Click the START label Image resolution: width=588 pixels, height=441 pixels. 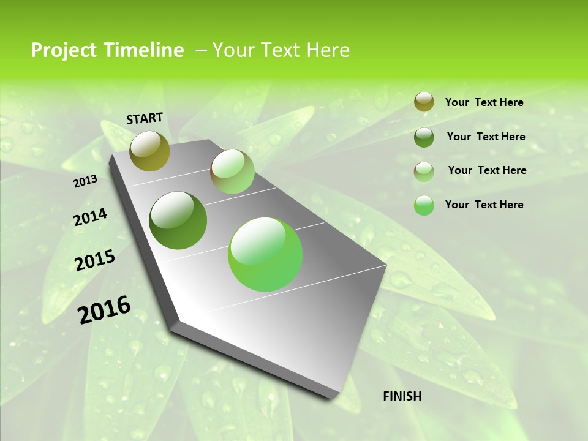(x=145, y=118)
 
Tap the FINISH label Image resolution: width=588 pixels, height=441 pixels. (x=402, y=396)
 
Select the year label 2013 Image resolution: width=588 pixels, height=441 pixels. (x=86, y=181)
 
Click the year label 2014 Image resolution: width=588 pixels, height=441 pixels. (x=91, y=217)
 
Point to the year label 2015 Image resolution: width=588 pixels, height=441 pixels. (x=95, y=260)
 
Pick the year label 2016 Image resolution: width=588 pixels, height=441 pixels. (x=104, y=310)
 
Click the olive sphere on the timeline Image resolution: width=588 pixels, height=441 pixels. (x=150, y=151)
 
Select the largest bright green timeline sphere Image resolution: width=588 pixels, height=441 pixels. (x=265, y=254)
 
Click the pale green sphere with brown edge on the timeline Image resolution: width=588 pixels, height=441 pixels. (x=232, y=171)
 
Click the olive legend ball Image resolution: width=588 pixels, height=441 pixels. (x=424, y=102)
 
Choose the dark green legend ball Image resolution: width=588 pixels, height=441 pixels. (x=424, y=137)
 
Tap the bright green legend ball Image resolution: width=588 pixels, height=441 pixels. (x=424, y=205)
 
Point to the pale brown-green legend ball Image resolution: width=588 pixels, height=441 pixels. (x=424, y=171)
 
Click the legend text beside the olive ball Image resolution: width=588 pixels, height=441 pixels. (x=484, y=103)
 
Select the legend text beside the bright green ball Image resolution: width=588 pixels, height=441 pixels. (x=484, y=205)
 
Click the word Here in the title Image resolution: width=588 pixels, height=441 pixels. (x=327, y=50)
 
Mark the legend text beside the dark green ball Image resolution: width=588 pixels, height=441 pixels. (x=486, y=137)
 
